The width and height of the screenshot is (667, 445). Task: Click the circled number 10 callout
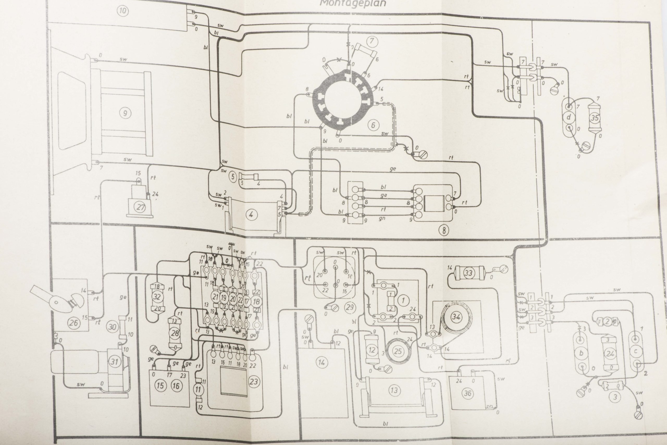pyautogui.click(x=123, y=11)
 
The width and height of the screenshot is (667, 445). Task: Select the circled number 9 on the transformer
pyautogui.click(x=125, y=114)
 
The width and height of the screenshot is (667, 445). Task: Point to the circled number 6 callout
pyautogui.click(x=373, y=125)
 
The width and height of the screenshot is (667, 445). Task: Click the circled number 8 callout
pyautogui.click(x=444, y=230)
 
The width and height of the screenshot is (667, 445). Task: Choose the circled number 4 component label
pyautogui.click(x=251, y=215)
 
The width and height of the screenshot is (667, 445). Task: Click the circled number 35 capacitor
pyautogui.click(x=595, y=117)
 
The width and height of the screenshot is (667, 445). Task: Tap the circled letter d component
pyautogui.click(x=569, y=117)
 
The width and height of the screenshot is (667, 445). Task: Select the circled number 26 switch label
pyautogui.click(x=73, y=322)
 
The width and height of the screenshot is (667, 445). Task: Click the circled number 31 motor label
pyautogui.click(x=114, y=362)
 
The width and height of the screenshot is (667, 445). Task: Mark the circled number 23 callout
pyautogui.click(x=254, y=381)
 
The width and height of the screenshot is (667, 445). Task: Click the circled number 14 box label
pyautogui.click(x=322, y=362)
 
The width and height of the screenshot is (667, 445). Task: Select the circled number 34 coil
pyautogui.click(x=456, y=317)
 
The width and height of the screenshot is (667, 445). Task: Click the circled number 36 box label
pyautogui.click(x=467, y=393)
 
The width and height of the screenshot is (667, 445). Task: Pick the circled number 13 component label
pyautogui.click(x=394, y=391)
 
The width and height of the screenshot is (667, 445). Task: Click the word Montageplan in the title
pyautogui.click(x=353, y=3)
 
